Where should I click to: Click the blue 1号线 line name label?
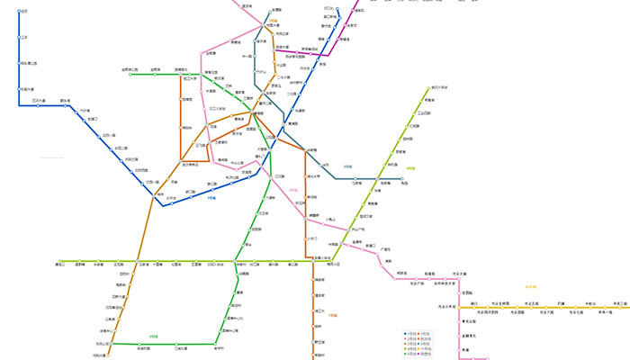tap(212, 198)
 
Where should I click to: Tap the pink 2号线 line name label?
tap(293, 190)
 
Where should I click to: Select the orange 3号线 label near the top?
tap(273, 18)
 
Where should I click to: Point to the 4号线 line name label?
tap(410, 167)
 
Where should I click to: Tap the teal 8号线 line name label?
tap(346, 166)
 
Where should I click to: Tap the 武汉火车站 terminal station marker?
tap(429, 88)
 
